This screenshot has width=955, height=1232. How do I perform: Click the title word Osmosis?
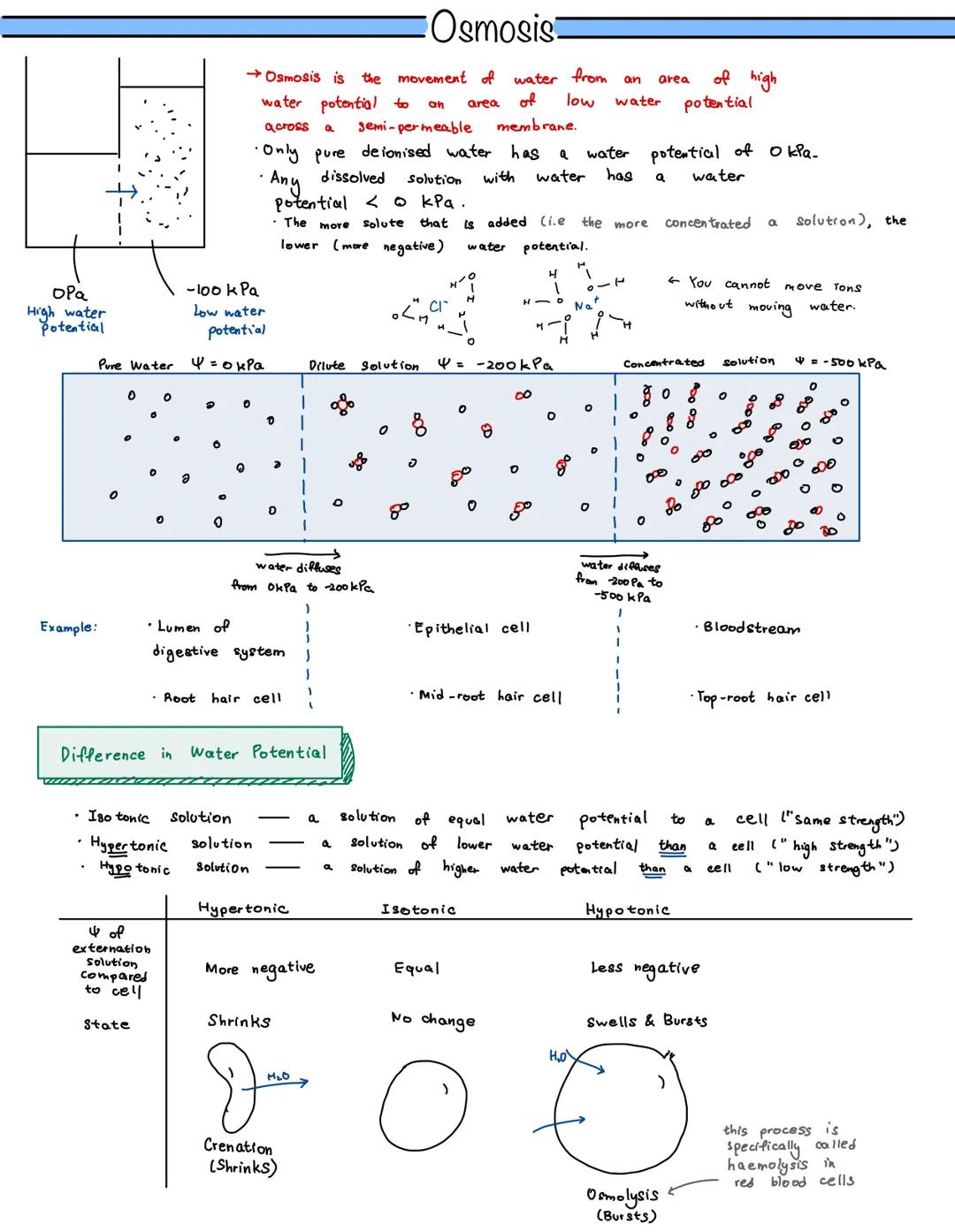tap(493, 27)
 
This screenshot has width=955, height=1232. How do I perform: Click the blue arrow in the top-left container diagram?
tap(122, 191)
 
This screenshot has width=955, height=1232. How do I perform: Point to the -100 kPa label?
tap(223, 290)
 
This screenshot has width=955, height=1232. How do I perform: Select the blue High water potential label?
tap(67, 319)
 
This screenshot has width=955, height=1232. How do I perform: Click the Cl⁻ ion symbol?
tap(437, 308)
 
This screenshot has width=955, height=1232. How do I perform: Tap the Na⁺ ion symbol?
tap(585, 306)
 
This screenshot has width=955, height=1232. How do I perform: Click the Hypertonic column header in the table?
tap(243, 909)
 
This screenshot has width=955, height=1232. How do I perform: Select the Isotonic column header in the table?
tap(418, 909)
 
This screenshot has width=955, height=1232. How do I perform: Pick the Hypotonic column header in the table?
tap(627, 910)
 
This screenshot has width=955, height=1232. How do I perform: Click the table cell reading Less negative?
tap(645, 968)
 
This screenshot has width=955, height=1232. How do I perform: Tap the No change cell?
tap(432, 1020)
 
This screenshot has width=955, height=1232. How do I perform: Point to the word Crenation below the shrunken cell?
tap(238, 1147)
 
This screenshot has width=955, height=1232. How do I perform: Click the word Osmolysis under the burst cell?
tap(623, 1196)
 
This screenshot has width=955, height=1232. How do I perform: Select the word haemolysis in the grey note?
tap(767, 1165)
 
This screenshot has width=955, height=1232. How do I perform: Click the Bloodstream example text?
tap(751, 628)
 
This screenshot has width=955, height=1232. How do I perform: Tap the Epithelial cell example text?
tap(472, 628)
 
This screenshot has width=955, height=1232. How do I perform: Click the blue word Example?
tap(68, 627)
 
